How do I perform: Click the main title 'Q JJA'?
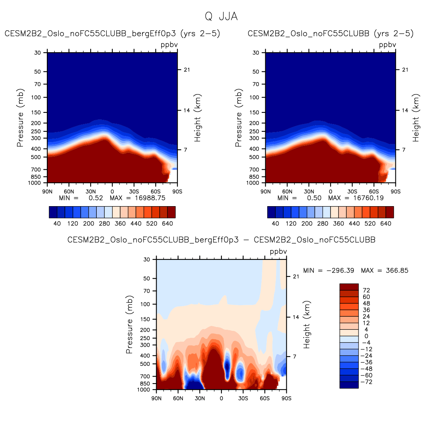[x=221, y=17]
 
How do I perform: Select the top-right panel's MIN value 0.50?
[x=314, y=198]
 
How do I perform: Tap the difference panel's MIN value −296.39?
[x=340, y=271]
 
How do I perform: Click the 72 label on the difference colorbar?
[x=366, y=291]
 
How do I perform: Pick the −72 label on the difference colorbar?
[x=367, y=382]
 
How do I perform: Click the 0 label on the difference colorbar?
[x=366, y=336]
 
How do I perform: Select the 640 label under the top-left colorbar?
[x=167, y=223]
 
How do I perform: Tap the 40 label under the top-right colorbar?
[x=275, y=223]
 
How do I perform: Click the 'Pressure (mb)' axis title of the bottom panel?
[x=129, y=324]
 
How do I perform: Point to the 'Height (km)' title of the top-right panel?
[x=416, y=118]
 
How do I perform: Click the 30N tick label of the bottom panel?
[x=200, y=398]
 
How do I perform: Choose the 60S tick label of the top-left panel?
[x=155, y=192]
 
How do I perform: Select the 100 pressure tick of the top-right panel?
[x=254, y=98]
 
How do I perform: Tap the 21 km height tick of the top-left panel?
[x=187, y=70]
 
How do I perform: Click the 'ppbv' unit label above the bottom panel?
[x=278, y=252]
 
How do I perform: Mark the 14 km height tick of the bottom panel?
[x=296, y=317]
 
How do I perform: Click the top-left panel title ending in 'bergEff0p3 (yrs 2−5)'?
[x=112, y=34]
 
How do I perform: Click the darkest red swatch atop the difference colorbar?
[x=349, y=287]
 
